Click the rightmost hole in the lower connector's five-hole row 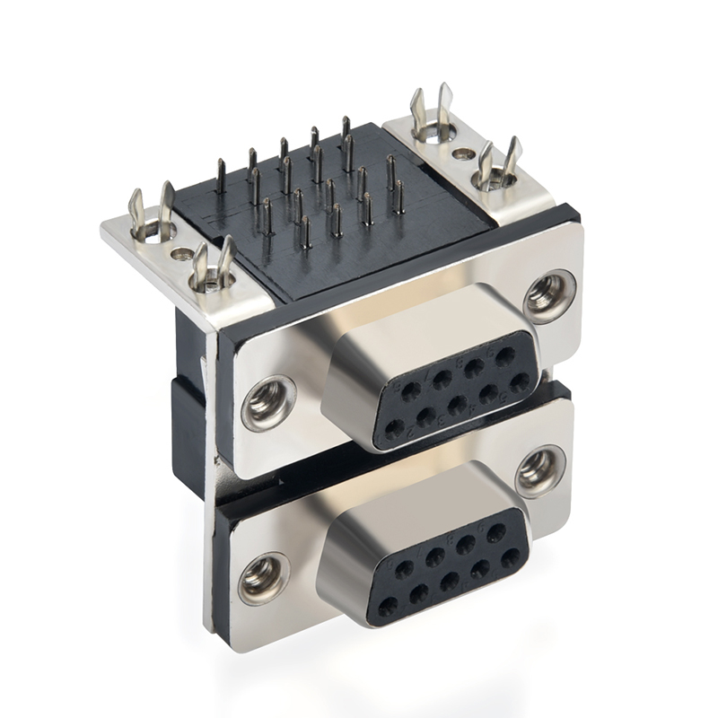point(510,558)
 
